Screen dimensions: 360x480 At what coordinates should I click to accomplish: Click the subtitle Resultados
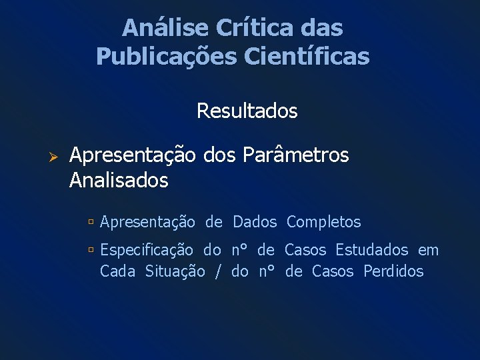coord(247,111)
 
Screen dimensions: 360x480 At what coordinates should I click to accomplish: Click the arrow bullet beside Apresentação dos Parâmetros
coord(56,156)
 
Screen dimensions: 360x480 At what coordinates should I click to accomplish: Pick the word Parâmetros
coord(295,155)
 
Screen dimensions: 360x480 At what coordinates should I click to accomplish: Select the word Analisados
coord(119,180)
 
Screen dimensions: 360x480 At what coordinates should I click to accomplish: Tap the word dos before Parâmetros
coord(219,155)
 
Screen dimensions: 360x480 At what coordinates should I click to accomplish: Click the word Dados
coord(254,222)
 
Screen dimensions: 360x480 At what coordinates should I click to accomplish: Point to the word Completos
coord(323,222)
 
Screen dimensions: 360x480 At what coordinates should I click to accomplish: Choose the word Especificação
coord(147,251)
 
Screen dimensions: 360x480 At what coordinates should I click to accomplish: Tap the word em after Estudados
coord(429,251)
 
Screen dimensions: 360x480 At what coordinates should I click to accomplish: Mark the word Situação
coord(175,271)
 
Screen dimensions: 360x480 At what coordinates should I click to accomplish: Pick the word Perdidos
coord(393,271)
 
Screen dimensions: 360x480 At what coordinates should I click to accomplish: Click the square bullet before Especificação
coord(91,251)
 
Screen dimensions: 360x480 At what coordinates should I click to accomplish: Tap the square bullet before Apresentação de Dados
coord(91,222)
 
